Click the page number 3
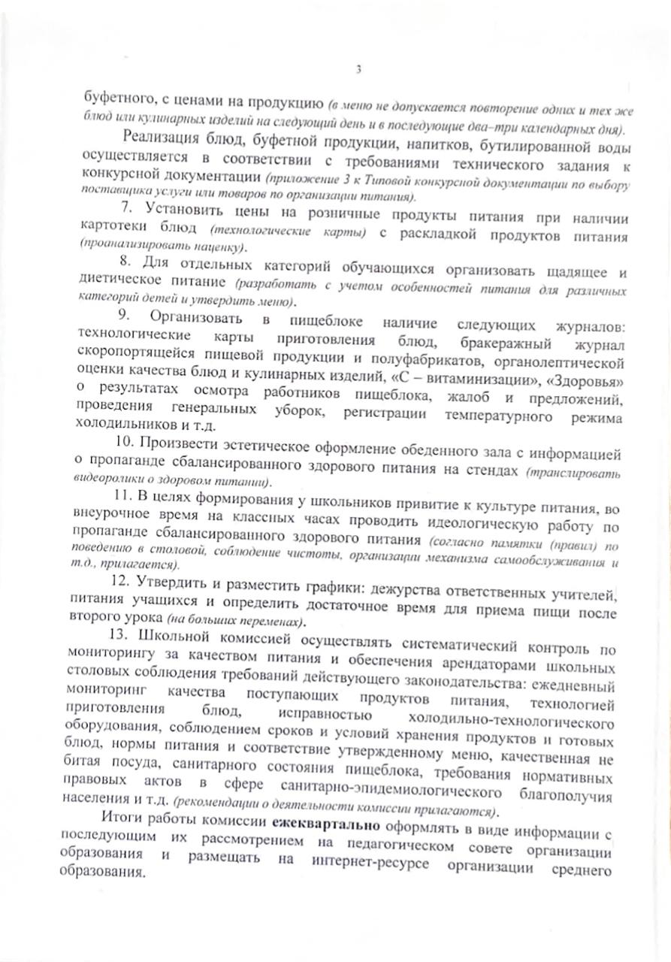[x=358, y=70]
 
